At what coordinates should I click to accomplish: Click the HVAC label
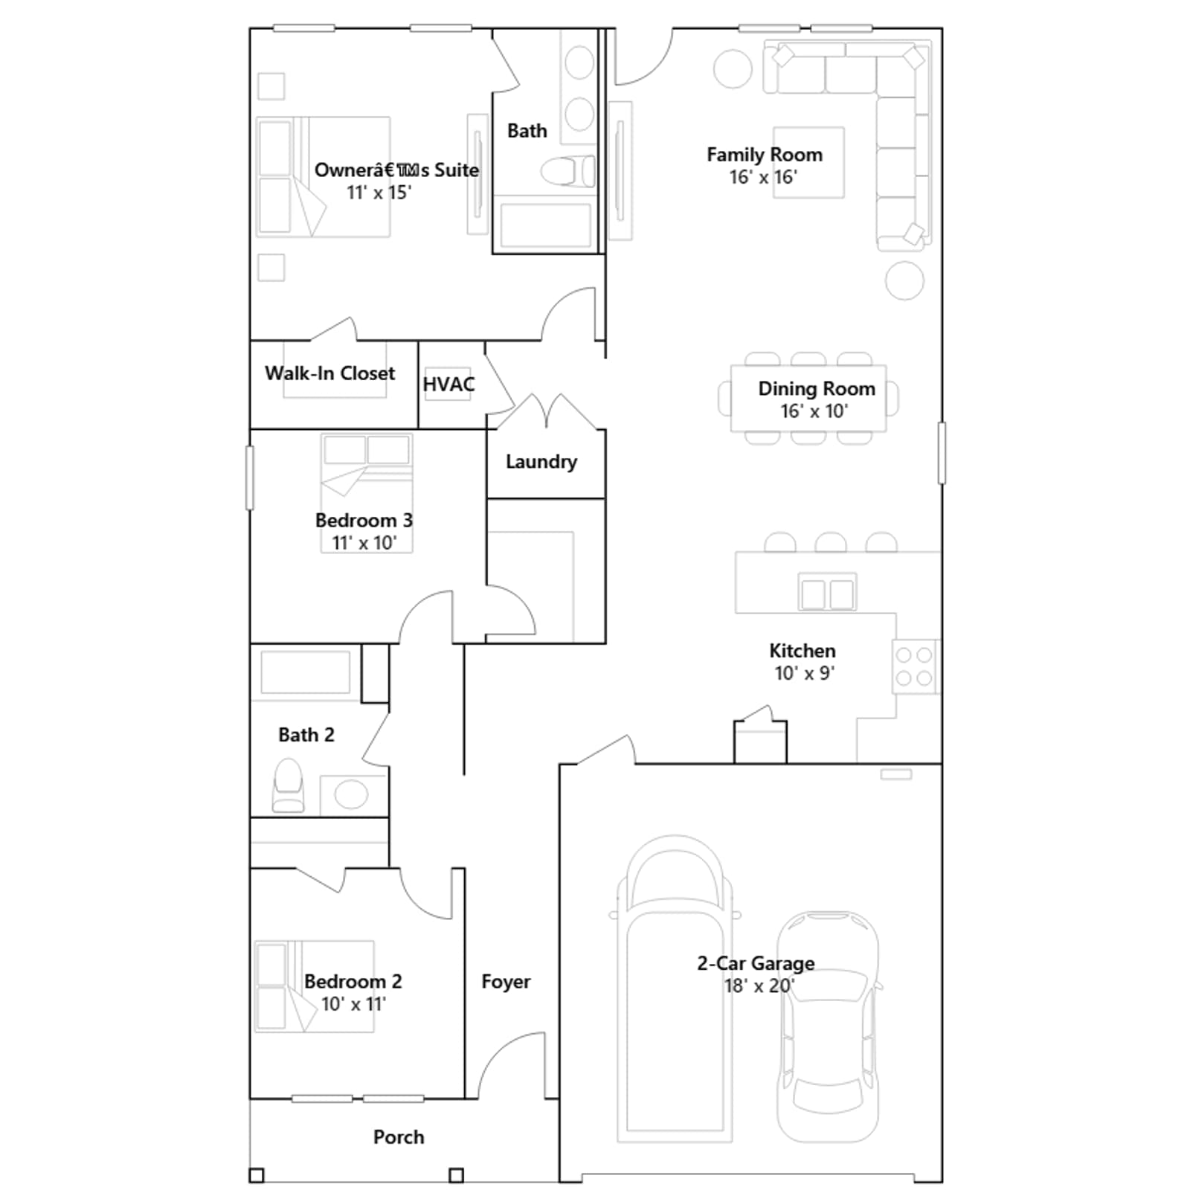click(x=448, y=385)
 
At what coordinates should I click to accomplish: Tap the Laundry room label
click(x=541, y=462)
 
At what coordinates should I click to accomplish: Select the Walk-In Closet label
click(x=329, y=373)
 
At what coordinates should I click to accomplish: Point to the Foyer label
click(x=506, y=982)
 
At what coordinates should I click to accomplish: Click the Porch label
click(x=399, y=1137)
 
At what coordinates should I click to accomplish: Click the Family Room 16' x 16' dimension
click(x=763, y=177)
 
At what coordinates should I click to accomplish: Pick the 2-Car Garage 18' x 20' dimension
click(x=759, y=985)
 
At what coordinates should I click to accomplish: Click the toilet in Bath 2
click(x=288, y=785)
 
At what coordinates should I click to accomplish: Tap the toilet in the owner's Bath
click(x=568, y=172)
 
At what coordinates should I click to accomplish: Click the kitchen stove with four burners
click(x=916, y=666)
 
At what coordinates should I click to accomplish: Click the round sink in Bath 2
click(x=351, y=795)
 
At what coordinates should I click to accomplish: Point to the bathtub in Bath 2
click(x=305, y=674)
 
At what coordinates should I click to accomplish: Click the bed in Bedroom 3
click(x=367, y=493)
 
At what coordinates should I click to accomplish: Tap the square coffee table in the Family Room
click(x=808, y=162)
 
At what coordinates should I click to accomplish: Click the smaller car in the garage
click(x=827, y=1027)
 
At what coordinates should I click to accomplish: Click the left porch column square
click(x=257, y=1176)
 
